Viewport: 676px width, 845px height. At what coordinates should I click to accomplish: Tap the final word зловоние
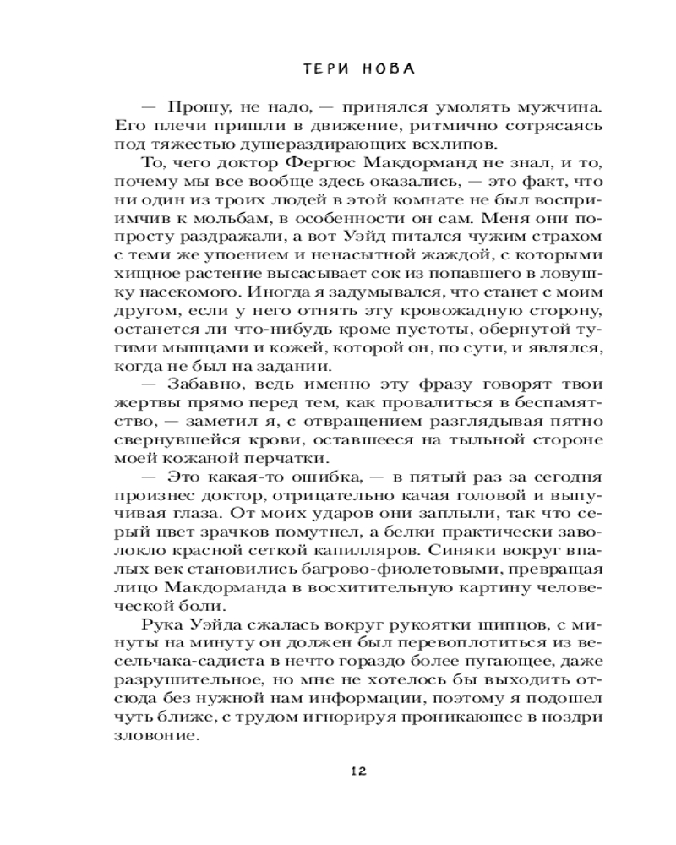click(x=157, y=734)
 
